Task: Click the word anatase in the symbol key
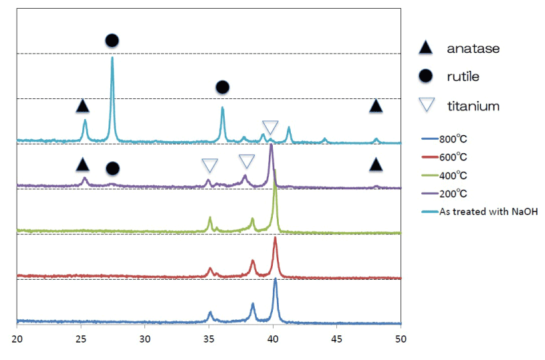point(473,48)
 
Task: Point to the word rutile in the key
point(463,76)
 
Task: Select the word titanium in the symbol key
point(473,106)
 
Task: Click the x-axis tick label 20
point(17,339)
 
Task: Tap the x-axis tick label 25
point(81,339)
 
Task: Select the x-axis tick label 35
point(209,339)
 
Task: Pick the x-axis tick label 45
point(336,339)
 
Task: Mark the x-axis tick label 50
point(400,339)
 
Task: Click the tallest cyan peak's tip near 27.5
point(112,58)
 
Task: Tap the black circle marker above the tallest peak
point(112,41)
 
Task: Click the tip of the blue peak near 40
point(275,280)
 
